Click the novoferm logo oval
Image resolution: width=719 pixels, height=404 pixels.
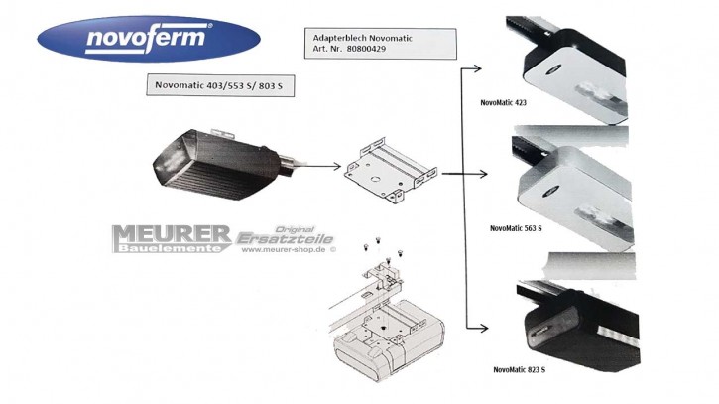pyautogui.click(x=148, y=39)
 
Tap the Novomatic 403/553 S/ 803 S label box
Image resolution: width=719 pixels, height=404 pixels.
pyautogui.click(x=217, y=85)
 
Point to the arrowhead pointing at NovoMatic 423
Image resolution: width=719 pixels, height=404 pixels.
pyautogui.click(x=478, y=67)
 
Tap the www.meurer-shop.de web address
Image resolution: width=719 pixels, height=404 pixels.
pyautogui.click(x=288, y=251)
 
